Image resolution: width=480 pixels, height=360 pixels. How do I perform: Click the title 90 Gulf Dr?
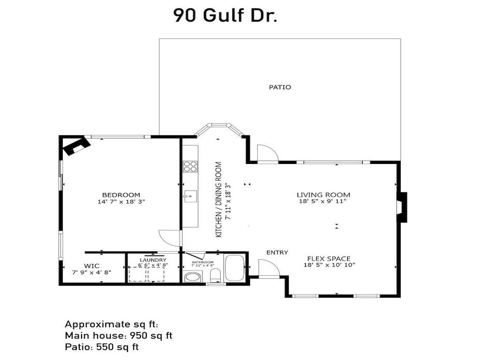(x=225, y=15)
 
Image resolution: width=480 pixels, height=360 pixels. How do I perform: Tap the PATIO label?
(x=280, y=87)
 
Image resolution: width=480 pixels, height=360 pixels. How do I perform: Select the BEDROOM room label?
(x=121, y=195)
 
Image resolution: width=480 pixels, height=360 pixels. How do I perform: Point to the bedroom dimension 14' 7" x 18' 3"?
(x=121, y=202)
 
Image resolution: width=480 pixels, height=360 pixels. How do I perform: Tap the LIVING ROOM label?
(x=323, y=195)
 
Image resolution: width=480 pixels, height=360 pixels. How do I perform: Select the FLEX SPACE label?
(x=329, y=259)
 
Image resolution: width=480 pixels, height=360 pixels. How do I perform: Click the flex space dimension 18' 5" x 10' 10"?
(x=329, y=265)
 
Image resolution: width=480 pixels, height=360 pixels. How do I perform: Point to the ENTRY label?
(x=277, y=253)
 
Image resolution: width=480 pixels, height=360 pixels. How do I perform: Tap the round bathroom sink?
(x=192, y=277)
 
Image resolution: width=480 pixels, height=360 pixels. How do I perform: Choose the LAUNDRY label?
(x=153, y=260)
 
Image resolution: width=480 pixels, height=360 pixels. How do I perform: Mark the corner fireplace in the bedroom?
(x=75, y=146)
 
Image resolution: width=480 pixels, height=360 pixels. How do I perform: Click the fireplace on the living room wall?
(x=402, y=207)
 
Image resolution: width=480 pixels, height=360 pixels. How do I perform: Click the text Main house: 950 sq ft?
(x=119, y=336)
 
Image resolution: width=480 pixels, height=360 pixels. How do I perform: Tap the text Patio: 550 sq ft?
(x=101, y=347)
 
